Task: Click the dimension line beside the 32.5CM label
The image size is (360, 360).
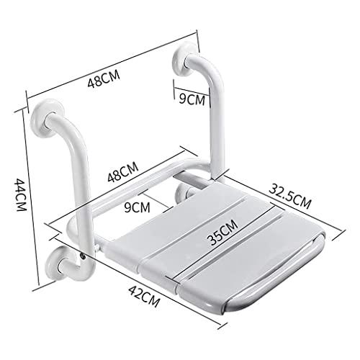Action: point(281,205)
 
